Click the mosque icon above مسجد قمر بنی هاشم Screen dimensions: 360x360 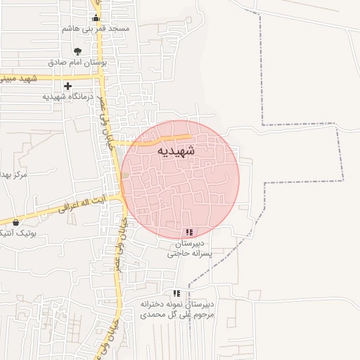click(x=96, y=18)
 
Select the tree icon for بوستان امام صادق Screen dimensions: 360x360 click(x=77, y=51)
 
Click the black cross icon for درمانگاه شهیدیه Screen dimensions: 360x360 click(x=67, y=86)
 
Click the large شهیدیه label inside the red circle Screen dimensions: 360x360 click(x=176, y=150)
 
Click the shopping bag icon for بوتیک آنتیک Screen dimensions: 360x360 click(x=15, y=223)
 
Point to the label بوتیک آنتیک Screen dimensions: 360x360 click(x=27, y=233)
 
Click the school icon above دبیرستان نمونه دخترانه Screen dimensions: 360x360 click(x=176, y=293)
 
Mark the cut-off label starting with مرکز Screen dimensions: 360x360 click(x=13, y=174)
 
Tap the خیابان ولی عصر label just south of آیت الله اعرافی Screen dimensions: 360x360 click(x=122, y=243)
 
